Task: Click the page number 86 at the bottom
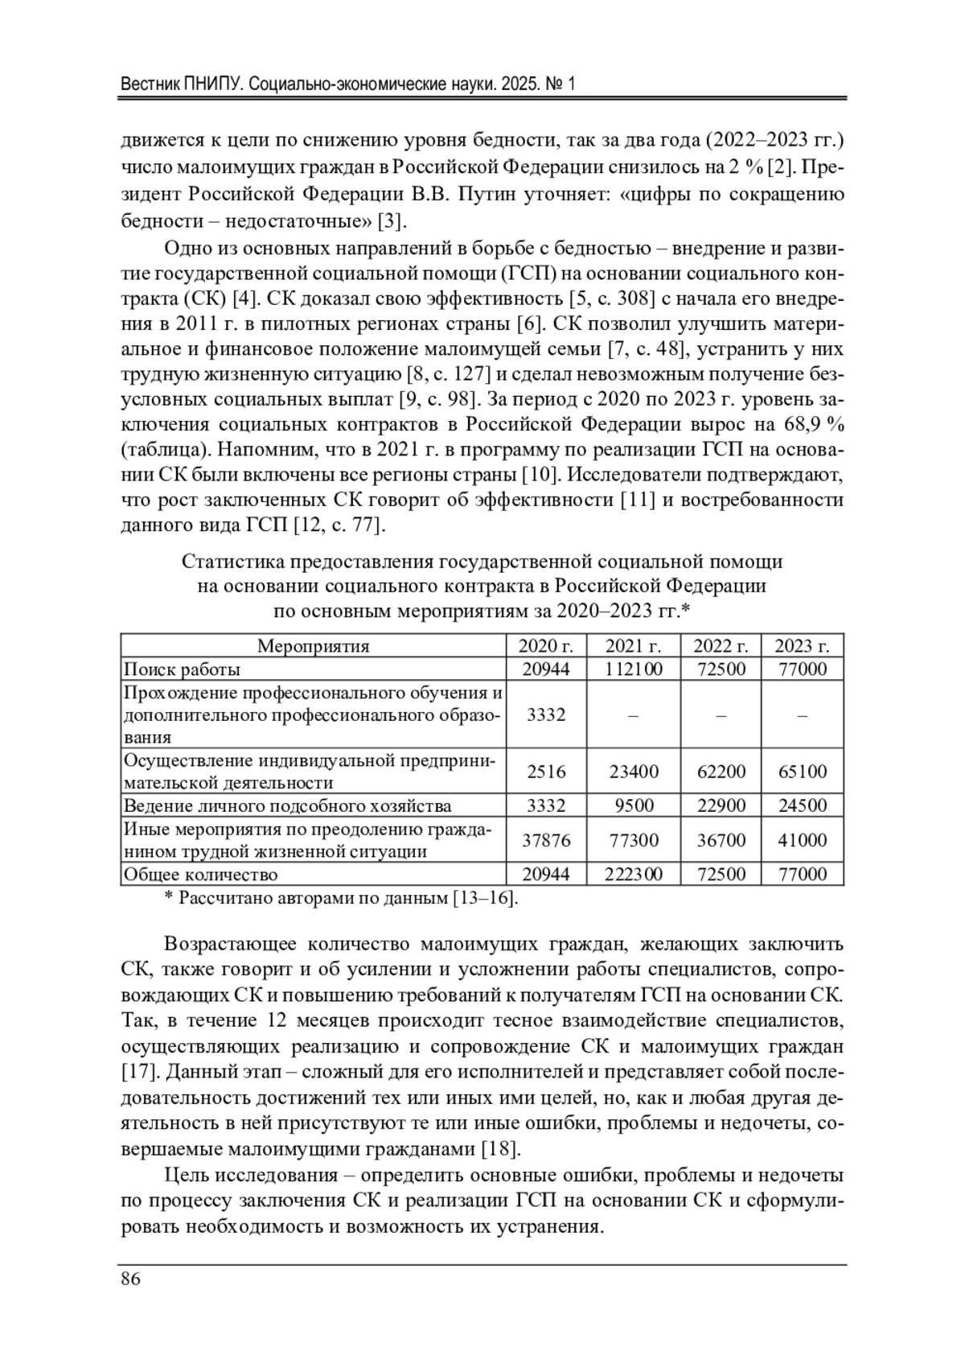pos(131,1279)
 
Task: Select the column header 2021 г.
pos(633,645)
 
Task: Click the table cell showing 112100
pos(633,669)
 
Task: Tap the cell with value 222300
pos(633,874)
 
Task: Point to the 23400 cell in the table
pos(633,772)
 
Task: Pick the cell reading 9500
pos(633,805)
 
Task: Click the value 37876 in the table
pos(546,840)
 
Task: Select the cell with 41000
pos(802,840)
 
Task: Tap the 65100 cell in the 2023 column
pos(802,772)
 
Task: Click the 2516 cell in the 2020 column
pos(546,772)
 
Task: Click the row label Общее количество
pos(199,874)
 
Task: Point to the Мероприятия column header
pos(313,645)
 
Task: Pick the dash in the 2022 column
pos(721,715)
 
